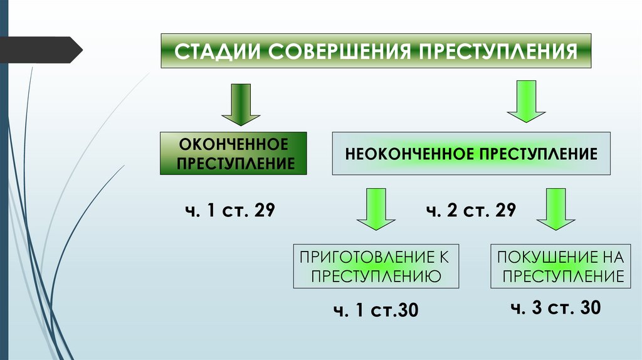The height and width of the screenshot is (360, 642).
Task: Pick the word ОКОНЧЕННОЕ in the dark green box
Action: [x=233, y=144]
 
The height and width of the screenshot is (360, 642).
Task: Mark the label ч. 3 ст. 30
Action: [x=555, y=307]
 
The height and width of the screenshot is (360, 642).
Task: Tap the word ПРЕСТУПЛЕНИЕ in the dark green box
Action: [x=233, y=164]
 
